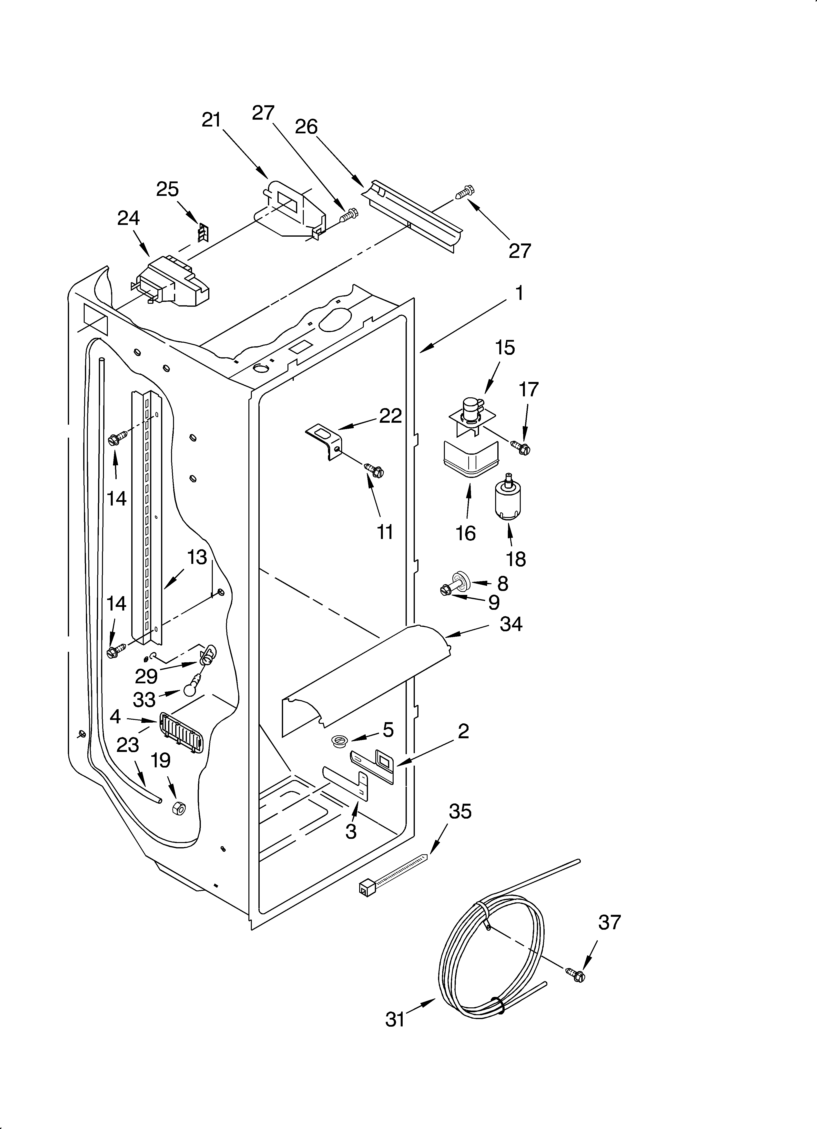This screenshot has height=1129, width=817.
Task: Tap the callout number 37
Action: pyautogui.click(x=610, y=922)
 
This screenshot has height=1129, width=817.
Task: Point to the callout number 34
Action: pyautogui.click(x=511, y=624)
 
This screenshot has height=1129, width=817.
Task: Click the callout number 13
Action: pyautogui.click(x=197, y=558)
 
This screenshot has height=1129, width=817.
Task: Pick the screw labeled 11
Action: pyautogui.click(x=374, y=469)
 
